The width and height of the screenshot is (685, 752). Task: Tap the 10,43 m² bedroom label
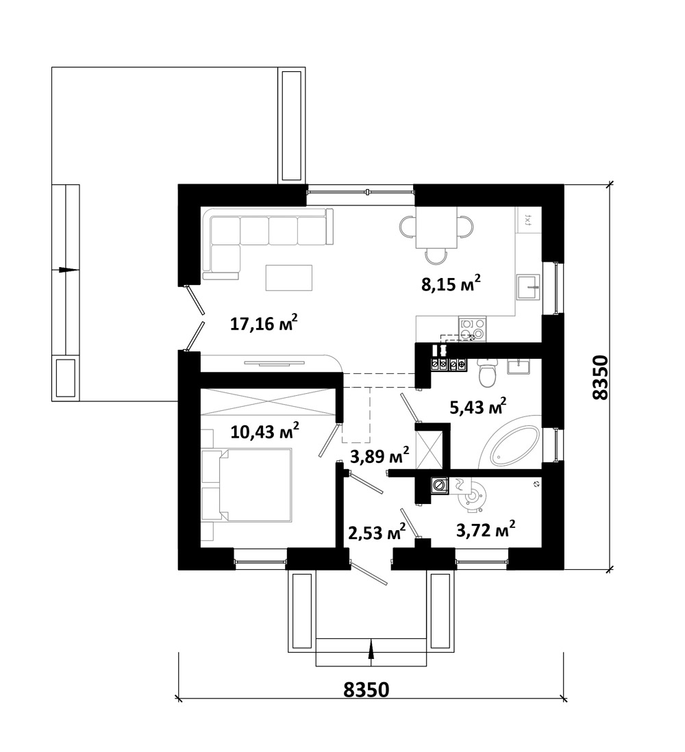[265, 431]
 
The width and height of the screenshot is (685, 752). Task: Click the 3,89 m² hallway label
[380, 455]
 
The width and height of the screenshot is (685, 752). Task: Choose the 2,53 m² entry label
[377, 531]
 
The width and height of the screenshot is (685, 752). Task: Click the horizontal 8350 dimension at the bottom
[366, 690]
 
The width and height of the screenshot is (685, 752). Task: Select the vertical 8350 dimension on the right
[600, 377]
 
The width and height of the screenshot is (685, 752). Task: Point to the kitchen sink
[528, 287]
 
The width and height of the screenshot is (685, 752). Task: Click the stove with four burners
[472, 329]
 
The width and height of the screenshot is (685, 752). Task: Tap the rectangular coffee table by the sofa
[289, 277]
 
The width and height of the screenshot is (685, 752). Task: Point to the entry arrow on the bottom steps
[371, 652]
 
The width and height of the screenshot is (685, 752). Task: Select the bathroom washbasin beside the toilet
[519, 366]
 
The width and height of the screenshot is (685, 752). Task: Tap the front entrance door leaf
[369, 573]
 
